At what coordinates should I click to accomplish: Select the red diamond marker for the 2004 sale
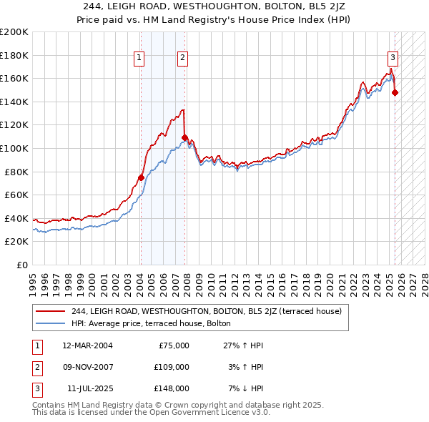pyautogui.click(x=141, y=177)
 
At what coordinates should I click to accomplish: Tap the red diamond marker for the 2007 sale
pyautogui.click(x=185, y=137)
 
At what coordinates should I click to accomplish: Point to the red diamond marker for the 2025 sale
pyautogui.click(x=395, y=92)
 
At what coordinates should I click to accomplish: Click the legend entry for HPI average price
pyautogui.click(x=151, y=323)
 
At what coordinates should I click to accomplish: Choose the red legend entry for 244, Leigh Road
pyautogui.click(x=207, y=311)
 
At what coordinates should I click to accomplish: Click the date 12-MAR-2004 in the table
pyautogui.click(x=87, y=345)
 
